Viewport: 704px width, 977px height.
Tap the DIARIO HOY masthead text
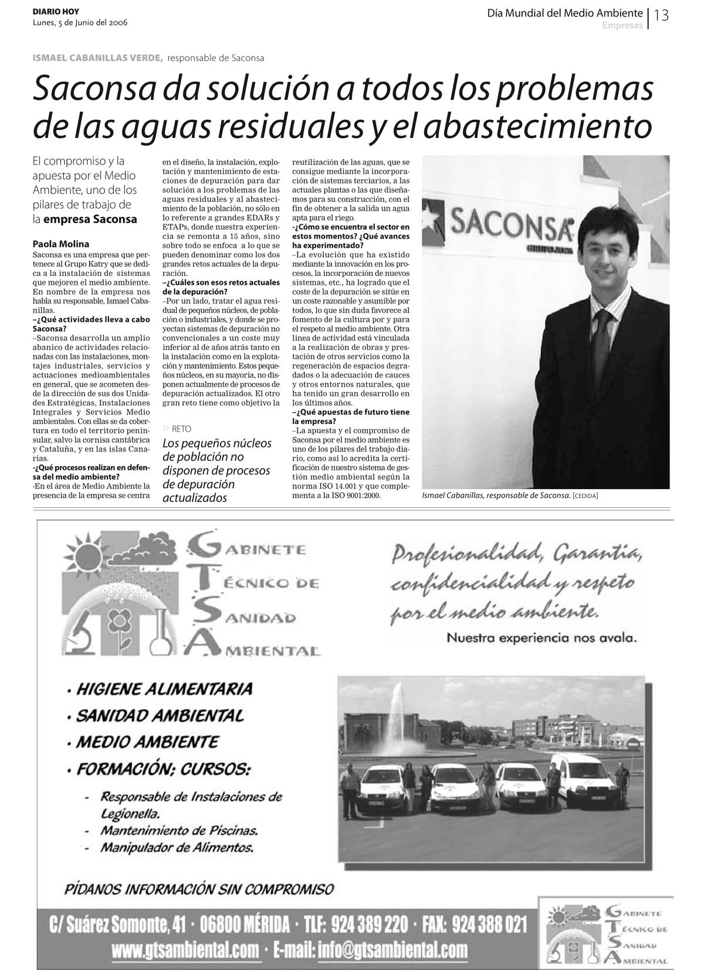56,12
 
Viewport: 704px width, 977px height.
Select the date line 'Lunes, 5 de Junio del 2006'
80,23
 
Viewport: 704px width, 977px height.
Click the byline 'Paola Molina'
61,244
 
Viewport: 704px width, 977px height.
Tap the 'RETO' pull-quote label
181,429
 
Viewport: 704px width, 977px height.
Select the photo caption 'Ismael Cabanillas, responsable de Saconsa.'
496,496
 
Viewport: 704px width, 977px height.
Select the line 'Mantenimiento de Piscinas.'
179,830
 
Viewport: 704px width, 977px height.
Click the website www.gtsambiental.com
185,949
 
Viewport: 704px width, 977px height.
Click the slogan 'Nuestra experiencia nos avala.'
541,637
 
